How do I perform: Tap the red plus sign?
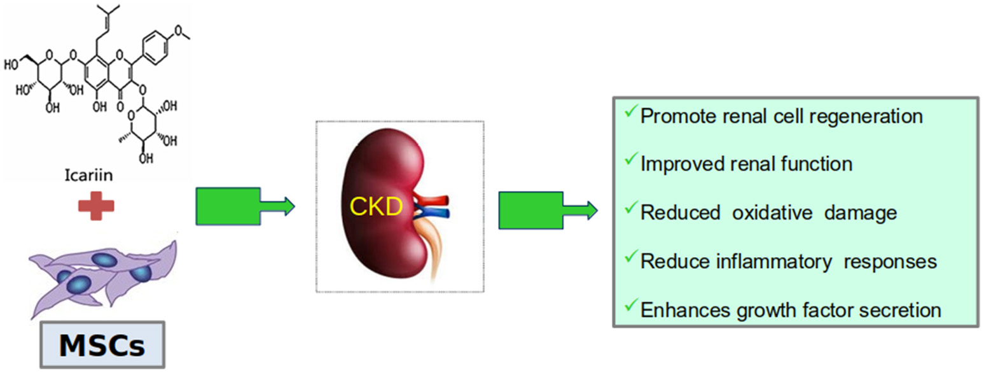click(96, 206)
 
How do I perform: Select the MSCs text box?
click(101, 346)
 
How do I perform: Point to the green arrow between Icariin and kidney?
click(242, 206)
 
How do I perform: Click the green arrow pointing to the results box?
click(544, 209)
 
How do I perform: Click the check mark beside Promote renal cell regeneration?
click(630, 112)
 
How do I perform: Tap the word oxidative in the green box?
click(770, 212)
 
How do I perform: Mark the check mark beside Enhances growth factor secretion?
click(630, 306)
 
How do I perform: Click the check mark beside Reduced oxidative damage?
click(630, 208)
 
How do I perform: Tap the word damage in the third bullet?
click(861, 212)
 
